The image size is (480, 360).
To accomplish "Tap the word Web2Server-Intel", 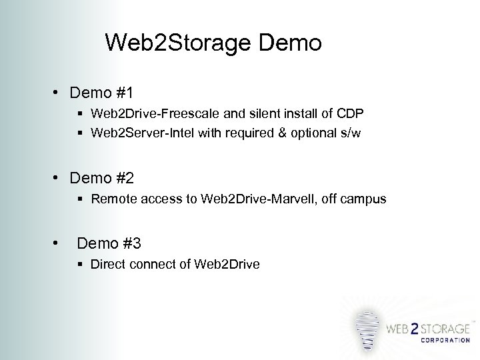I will [135, 133].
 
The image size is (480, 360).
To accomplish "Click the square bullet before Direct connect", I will [81, 265].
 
